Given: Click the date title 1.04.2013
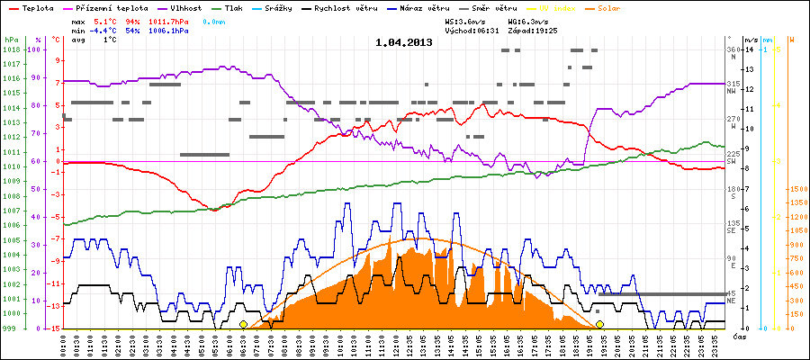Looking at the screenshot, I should tap(404, 42).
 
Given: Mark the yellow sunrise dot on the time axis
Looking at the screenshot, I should tap(243, 324).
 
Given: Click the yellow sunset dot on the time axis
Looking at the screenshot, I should tap(599, 324).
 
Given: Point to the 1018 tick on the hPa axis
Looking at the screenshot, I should tap(11, 50).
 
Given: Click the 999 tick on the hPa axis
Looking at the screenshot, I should tap(11, 328).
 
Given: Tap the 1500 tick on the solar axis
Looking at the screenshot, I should tap(796, 190).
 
